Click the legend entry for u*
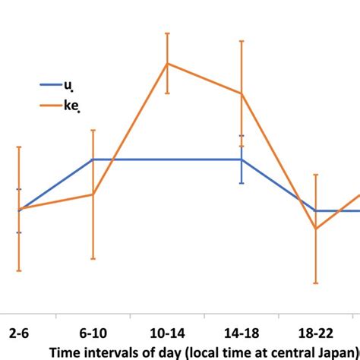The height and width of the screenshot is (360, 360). coord(68,87)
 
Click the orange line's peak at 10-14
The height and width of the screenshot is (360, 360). coord(167,63)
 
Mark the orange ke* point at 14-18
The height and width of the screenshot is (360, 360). coord(242,94)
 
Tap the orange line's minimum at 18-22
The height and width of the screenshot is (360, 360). coord(315,229)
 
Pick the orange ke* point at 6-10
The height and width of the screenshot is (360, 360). coord(93,194)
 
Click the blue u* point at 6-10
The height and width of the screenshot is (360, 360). coord(93,159)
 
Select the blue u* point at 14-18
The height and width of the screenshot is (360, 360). coord(242,159)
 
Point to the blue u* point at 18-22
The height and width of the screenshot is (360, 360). coord(315,210)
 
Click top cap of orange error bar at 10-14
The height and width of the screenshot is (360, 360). coord(167,33)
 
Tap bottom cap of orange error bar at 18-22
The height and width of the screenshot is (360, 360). coord(315,283)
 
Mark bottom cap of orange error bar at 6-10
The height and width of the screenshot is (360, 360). coord(93,259)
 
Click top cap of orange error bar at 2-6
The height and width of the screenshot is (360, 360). coord(19,147)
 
